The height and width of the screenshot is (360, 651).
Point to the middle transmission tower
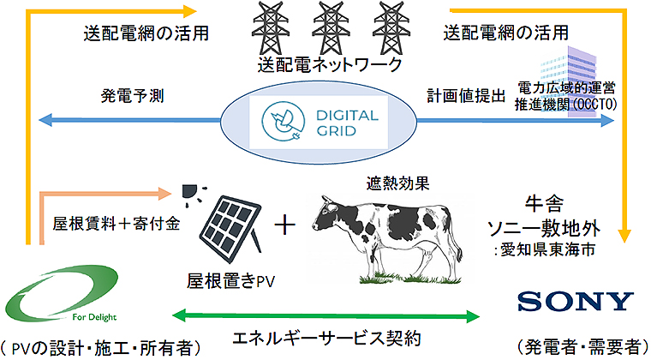(x=327, y=29)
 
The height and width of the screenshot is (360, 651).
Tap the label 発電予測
(x=125, y=95)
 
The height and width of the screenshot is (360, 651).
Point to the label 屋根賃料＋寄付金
(x=108, y=225)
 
